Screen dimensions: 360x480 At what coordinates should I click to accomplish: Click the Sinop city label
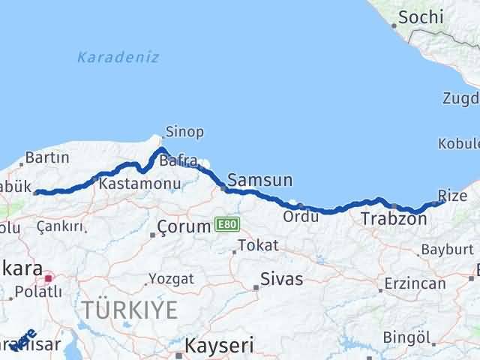pos(184,132)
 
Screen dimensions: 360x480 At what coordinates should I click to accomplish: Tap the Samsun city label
pos(259,180)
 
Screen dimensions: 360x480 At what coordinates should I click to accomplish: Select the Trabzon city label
pos(394,219)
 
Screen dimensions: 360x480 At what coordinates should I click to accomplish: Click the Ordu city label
pos(301,217)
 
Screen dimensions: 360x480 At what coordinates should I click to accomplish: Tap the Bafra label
pos(178,160)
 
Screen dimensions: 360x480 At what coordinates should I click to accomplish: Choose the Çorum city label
pos(184,226)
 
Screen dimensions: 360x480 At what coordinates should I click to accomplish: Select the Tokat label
pos(258,245)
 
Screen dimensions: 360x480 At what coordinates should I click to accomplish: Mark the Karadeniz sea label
pos(118,57)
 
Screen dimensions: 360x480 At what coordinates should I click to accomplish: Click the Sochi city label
pos(421,16)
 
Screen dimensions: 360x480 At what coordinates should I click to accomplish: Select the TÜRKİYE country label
pos(130,308)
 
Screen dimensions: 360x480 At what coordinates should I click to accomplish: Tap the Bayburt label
pos(447,249)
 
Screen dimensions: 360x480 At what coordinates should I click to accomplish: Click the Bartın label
pos(47,157)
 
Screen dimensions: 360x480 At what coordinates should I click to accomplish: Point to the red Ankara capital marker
pos(49,277)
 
